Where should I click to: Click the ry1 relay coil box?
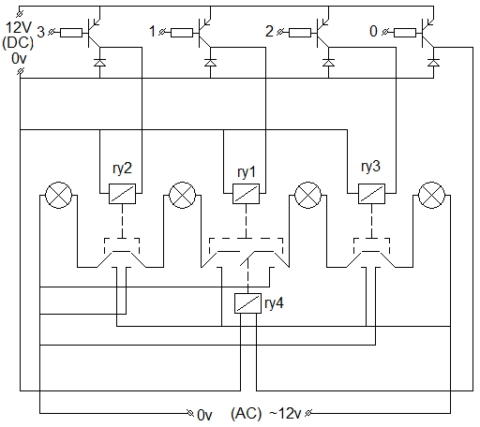[246, 194]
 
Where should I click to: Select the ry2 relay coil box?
[122, 194]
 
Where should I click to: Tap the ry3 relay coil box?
[371, 194]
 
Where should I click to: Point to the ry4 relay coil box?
[247, 303]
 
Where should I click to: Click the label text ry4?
[274, 303]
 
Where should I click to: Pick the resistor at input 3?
[71, 33]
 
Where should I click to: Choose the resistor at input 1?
[182, 33]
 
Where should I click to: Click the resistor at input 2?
[300, 33]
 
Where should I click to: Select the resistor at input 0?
[405, 33]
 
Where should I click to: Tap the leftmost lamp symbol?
[59, 196]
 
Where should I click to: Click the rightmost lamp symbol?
[431, 196]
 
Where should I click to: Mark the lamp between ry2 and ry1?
[182, 196]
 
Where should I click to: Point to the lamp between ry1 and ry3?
[307, 196]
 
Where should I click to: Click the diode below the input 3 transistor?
[99, 63]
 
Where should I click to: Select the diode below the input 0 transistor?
[433, 63]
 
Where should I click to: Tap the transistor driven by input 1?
[203, 33]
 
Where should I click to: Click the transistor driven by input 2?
[322, 33]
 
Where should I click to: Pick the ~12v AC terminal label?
[285, 413]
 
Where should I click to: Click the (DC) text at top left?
[18, 42]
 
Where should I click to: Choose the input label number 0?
[373, 31]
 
